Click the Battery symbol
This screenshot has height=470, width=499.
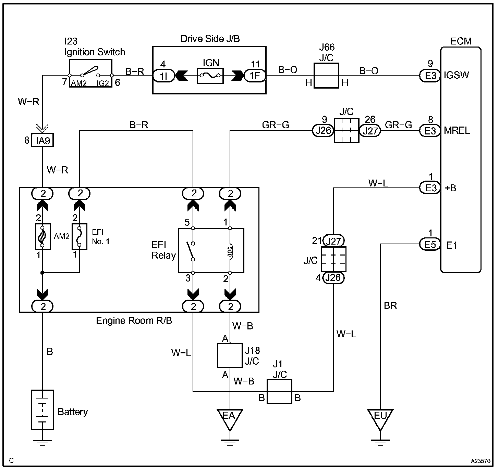coord(42,409)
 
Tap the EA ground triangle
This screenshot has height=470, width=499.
coord(230,418)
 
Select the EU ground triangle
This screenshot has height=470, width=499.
coord(380,418)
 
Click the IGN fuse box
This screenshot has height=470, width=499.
coord(210,76)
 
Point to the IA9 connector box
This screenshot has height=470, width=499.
coord(42,140)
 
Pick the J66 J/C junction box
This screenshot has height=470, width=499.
coord(326,76)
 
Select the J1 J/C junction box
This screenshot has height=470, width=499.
coord(279,391)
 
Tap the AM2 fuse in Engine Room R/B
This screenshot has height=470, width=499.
coord(43,236)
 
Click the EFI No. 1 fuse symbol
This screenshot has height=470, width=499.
coord(80,236)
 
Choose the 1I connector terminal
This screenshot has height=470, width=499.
coord(164,76)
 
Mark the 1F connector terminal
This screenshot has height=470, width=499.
coord(255,76)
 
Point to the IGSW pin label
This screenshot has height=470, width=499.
coord(456,75)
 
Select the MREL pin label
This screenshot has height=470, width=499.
coord(457,131)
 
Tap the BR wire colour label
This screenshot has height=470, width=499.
coord(390,305)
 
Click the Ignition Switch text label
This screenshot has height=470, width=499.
coord(95,52)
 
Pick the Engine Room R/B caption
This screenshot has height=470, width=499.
coord(134,321)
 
